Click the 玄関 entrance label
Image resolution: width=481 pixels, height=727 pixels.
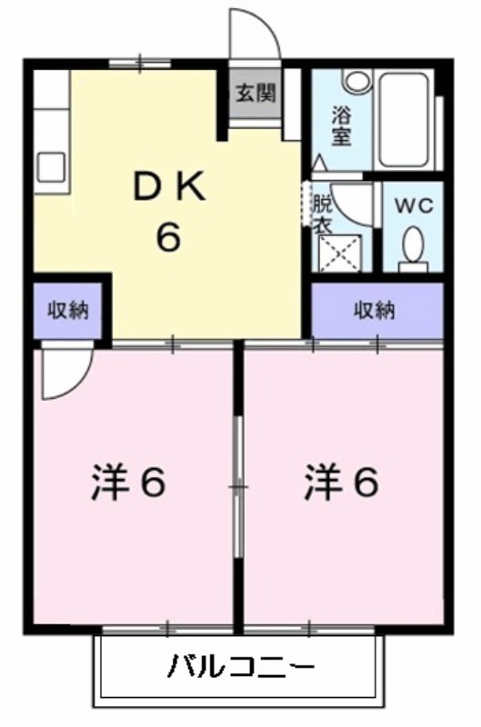(x=256, y=94)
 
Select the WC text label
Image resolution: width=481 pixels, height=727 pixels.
(x=415, y=205)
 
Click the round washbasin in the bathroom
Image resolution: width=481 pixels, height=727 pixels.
(x=357, y=81)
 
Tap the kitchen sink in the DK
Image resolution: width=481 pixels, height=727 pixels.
(x=51, y=167)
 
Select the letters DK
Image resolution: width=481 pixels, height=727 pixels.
(x=169, y=186)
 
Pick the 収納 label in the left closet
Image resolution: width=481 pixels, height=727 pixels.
(x=68, y=310)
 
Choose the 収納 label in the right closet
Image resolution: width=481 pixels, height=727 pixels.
(x=375, y=310)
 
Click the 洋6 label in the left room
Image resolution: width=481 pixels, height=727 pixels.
(x=128, y=483)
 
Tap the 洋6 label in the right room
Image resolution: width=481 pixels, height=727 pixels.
(x=341, y=483)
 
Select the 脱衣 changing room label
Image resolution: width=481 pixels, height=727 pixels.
(x=323, y=214)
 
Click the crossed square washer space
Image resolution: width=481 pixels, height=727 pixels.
(x=341, y=254)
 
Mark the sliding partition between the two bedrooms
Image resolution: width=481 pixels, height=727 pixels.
(x=238, y=487)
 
